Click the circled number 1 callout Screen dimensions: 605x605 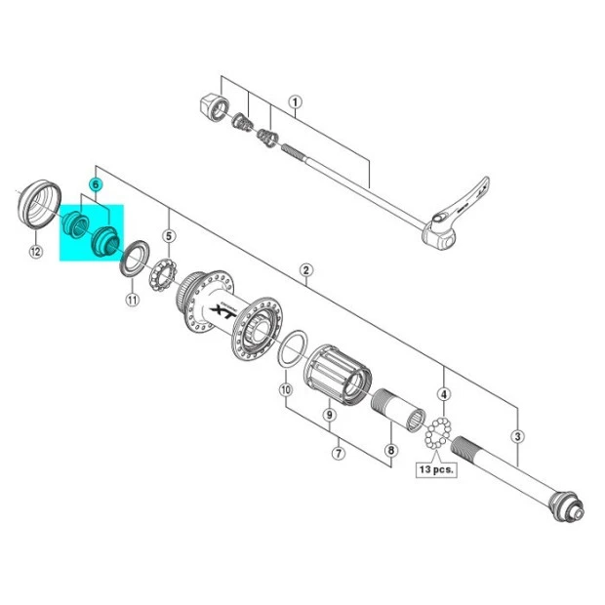pos(295,102)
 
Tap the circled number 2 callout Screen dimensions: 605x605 pos(305,269)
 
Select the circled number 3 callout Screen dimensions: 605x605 pos(517,436)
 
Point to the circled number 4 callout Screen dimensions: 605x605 pos(444,394)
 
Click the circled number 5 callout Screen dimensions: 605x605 pos(169,236)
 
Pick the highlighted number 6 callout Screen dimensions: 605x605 pos(95,184)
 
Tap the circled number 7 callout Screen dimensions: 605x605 pos(339,453)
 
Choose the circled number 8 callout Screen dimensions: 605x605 pos(391,450)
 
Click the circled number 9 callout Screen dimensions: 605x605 pos(329,415)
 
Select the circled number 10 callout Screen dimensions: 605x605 pos(286,389)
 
